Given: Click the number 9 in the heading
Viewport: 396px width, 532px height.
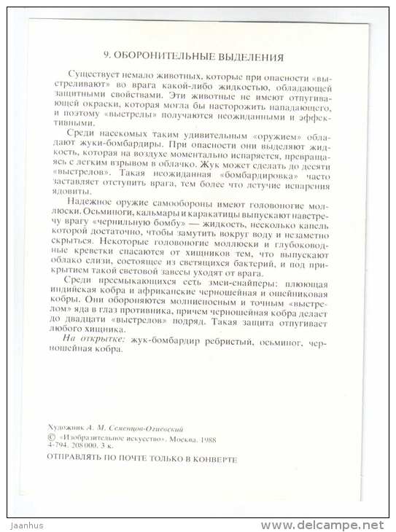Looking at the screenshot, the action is pos(106,55).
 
